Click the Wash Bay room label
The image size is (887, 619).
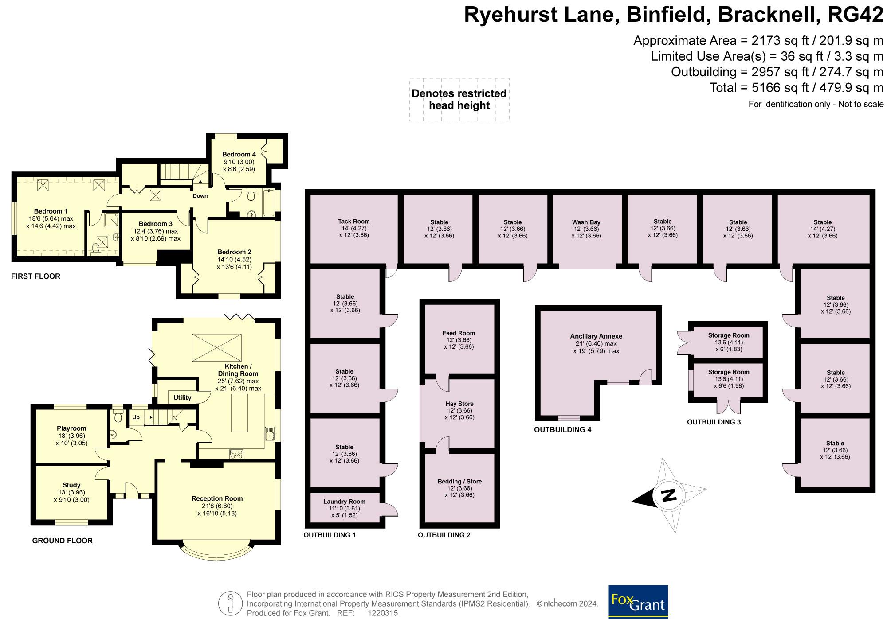[x=586, y=222]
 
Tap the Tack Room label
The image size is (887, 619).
[x=353, y=222]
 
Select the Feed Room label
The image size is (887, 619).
[x=459, y=333]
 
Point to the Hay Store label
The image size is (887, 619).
[x=459, y=404]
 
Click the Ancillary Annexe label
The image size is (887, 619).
[x=596, y=336]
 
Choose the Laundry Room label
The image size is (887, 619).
[x=344, y=502]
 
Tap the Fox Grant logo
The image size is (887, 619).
[x=638, y=602]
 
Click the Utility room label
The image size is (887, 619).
[x=182, y=397]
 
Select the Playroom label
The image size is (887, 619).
[x=71, y=428]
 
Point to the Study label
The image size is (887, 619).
[x=71, y=485]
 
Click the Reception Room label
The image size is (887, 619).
[x=217, y=498]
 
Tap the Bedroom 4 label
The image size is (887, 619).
[x=239, y=155]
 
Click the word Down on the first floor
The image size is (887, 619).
[x=200, y=196]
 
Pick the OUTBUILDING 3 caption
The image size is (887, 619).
[x=714, y=422]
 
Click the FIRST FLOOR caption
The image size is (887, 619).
[x=35, y=276]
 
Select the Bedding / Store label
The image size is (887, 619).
[x=459, y=482]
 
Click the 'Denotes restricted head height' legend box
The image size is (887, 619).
[x=459, y=100]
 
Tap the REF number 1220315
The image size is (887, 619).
[x=383, y=613]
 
